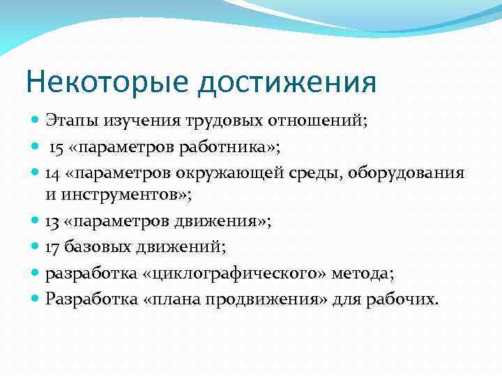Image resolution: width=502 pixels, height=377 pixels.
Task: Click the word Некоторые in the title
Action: pos(107,82)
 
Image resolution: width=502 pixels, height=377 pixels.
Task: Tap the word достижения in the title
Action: pos(287,82)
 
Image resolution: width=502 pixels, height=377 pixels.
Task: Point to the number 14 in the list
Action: pos(53,172)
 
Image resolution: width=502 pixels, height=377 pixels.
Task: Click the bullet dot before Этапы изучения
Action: pos(36,119)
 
